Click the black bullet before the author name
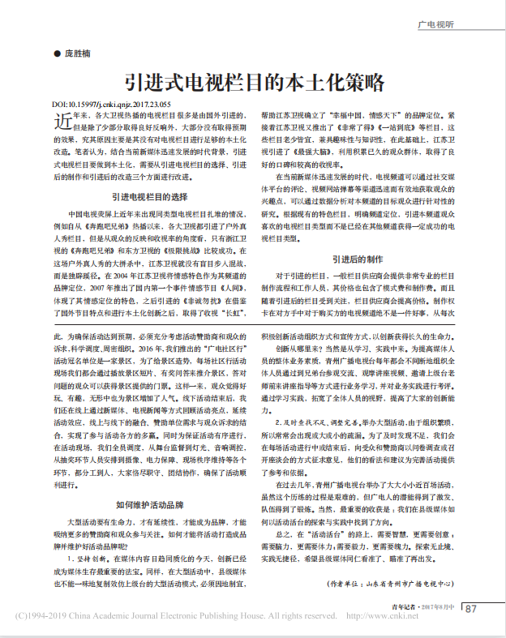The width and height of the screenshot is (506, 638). pyautogui.click(x=57, y=54)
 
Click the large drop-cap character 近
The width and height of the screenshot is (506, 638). pyautogui.click(x=62, y=123)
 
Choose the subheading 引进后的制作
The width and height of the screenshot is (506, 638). pyautogui.click(x=358, y=259)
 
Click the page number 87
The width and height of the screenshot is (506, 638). pyautogui.click(x=471, y=609)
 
